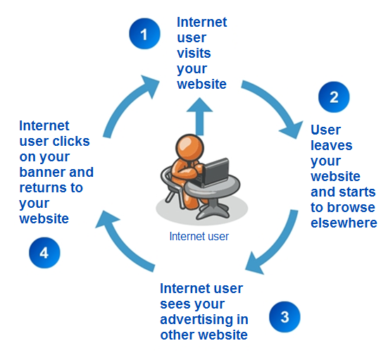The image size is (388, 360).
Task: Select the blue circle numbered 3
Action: [x=284, y=317]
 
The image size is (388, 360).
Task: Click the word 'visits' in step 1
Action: [x=194, y=53]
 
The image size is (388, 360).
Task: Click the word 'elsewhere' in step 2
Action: [x=344, y=223]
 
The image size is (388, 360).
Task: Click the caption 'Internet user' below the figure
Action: [x=199, y=237]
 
